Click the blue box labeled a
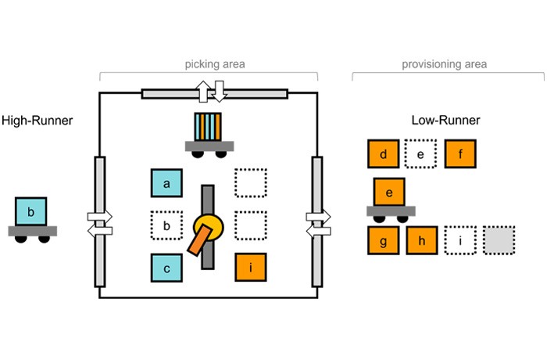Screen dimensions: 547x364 pyautogui.click(x=166, y=183)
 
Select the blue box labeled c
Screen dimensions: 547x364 pyautogui.click(x=166, y=268)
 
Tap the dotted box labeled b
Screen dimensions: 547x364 pyautogui.click(x=166, y=225)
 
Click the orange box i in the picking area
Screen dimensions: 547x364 pyautogui.click(x=251, y=267)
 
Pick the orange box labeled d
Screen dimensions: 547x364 pyautogui.click(x=384, y=153)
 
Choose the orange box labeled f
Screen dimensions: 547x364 pyautogui.click(x=460, y=153)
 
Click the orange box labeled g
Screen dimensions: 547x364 pyautogui.click(x=384, y=240)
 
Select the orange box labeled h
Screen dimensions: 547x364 pyautogui.click(x=422, y=240)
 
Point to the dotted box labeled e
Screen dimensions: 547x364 pyautogui.click(x=420, y=153)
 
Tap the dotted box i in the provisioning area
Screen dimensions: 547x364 pyautogui.click(x=460, y=240)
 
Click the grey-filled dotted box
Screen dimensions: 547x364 pyautogui.click(x=499, y=240)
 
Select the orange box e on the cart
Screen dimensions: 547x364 pyautogui.click(x=389, y=192)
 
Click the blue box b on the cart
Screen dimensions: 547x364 pyautogui.click(x=30, y=211)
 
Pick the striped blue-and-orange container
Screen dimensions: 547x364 pyautogui.click(x=208, y=127)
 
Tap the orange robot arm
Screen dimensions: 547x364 pyautogui.click(x=199, y=240)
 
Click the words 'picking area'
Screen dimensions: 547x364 pyautogui.click(x=215, y=64)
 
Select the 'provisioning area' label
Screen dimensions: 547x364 pyautogui.click(x=445, y=64)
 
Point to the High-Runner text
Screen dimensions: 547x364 pyautogui.click(x=38, y=121)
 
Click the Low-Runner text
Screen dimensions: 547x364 pyautogui.click(x=446, y=121)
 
